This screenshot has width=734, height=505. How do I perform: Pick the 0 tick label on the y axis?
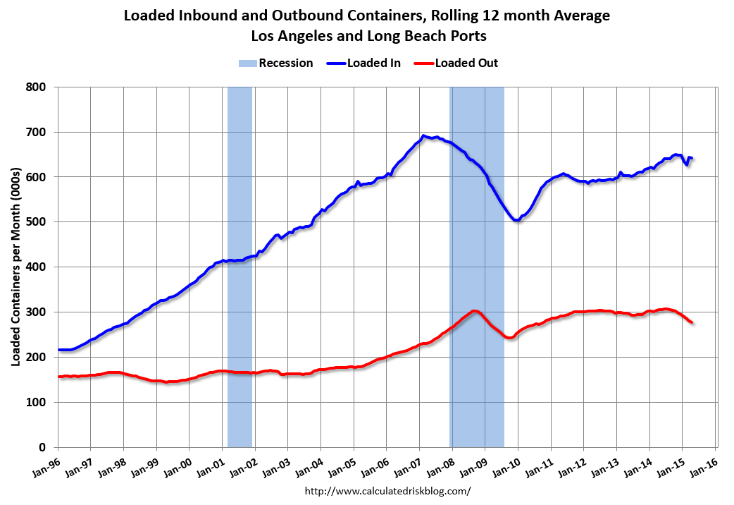44,447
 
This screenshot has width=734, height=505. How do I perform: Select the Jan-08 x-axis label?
440,463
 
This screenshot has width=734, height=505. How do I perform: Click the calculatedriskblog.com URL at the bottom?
387,491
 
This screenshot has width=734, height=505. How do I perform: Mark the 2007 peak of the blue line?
423,135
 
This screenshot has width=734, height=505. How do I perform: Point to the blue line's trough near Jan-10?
516,220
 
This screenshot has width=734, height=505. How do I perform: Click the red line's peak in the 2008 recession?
474,311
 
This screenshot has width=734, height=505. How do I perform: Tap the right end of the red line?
692,322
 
